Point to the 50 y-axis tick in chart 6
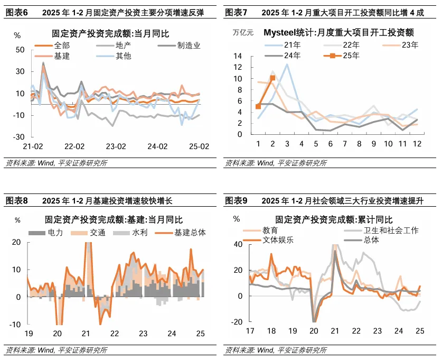21,50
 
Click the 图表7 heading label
237,12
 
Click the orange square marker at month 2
272,78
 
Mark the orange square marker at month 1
258,106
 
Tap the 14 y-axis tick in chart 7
238,56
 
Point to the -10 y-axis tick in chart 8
16,324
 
